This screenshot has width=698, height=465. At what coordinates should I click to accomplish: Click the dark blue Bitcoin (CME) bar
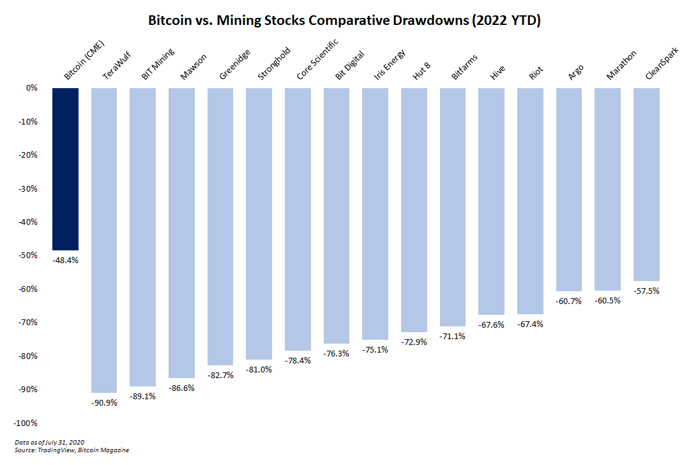tap(65, 169)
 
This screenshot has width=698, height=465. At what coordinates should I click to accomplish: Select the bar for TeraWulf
tap(104, 240)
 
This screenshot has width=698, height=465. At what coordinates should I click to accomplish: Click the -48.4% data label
tap(65, 260)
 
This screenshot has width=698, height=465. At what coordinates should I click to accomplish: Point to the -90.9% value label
tap(104, 402)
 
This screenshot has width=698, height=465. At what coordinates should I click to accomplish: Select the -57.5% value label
tap(646, 291)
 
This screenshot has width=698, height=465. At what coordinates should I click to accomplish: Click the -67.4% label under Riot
tap(530, 324)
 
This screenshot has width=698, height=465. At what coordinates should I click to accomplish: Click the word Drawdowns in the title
tap(431, 20)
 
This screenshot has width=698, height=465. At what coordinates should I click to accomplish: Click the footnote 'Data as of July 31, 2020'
tap(49, 442)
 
